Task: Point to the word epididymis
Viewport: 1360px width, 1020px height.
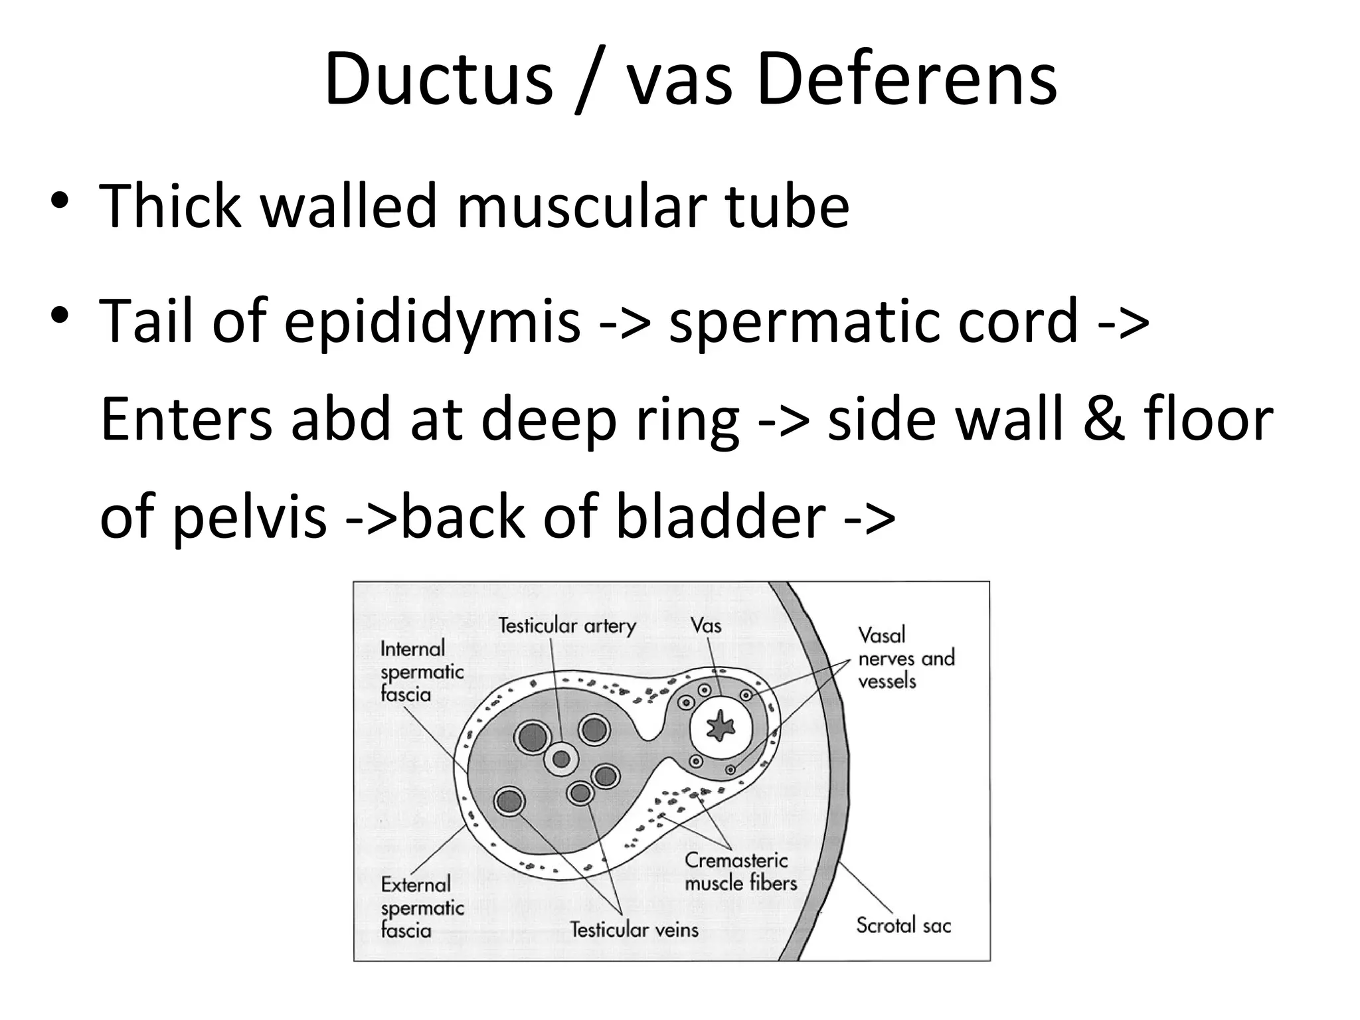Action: pos(432,321)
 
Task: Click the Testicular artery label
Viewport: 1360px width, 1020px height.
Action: pos(567,626)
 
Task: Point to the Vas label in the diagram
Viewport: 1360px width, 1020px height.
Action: pos(705,625)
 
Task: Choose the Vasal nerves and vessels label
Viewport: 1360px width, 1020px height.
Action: pos(906,657)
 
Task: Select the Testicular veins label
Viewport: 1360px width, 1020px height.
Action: pos(634,929)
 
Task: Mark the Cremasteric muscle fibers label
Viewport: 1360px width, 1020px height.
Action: pos(740,871)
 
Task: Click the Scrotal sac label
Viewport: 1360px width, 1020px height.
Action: pos(903,925)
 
